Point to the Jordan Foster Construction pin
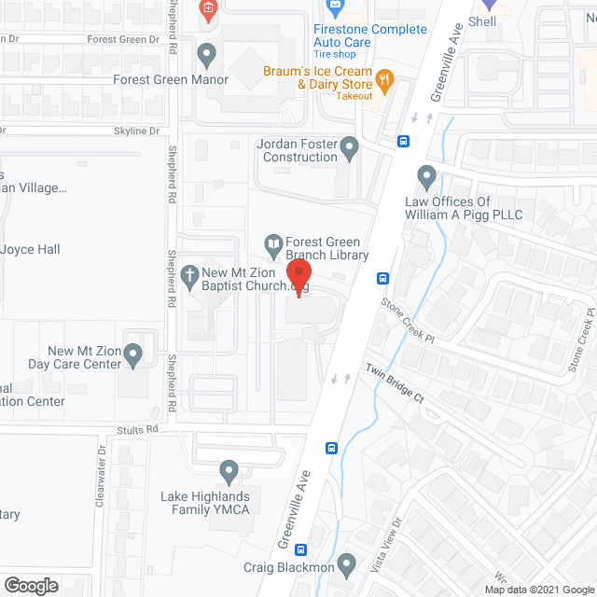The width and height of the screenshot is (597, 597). [350, 146]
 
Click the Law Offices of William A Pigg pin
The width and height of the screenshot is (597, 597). [426, 174]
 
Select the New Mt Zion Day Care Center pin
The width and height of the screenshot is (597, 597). [133, 354]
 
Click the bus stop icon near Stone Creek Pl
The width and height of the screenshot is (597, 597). [382, 278]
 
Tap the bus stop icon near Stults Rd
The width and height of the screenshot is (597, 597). [331, 448]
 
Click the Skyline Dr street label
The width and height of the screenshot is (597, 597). [137, 132]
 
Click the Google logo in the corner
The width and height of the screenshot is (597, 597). [31, 586]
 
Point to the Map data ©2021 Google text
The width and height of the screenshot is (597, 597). [537, 590]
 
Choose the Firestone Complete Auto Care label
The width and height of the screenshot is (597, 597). [370, 35]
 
